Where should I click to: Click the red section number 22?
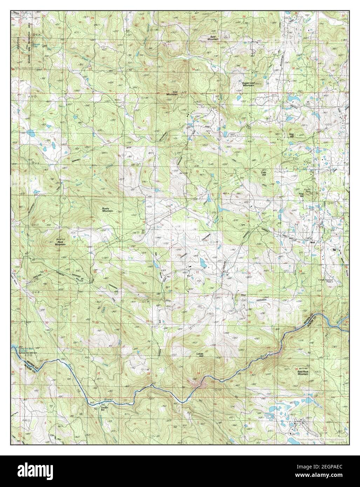point(197,272)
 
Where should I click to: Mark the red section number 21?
point(145,273)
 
